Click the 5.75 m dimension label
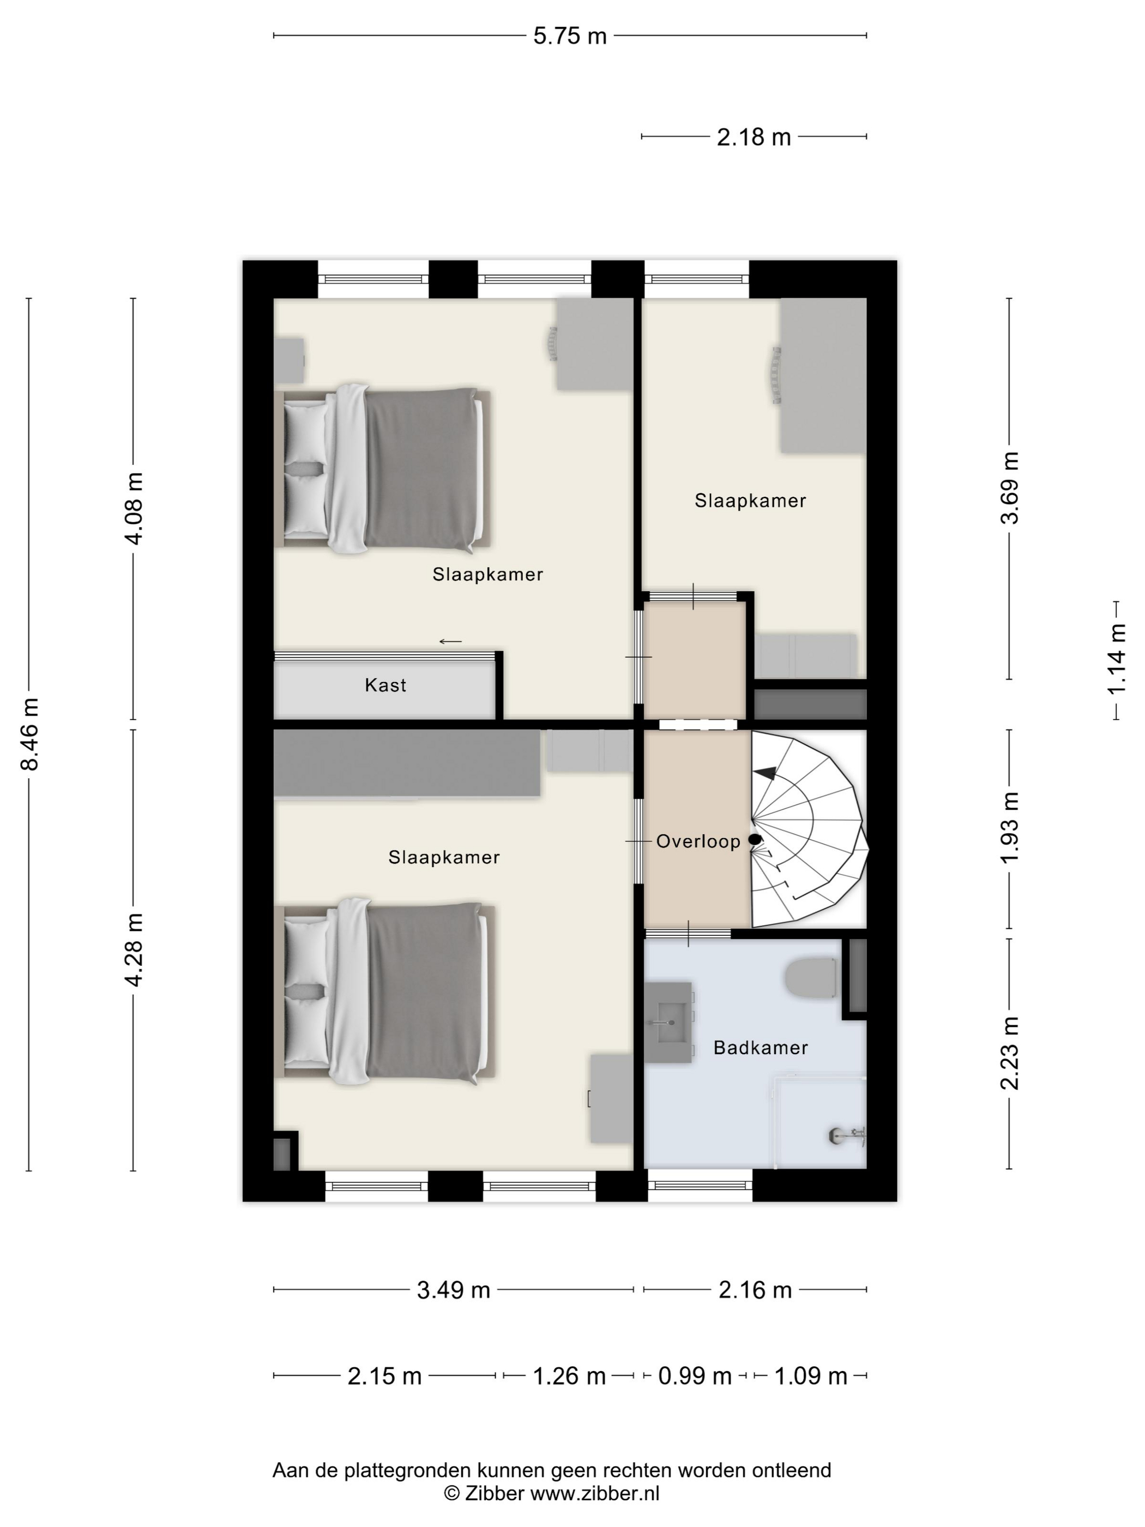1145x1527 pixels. pyautogui.click(x=569, y=36)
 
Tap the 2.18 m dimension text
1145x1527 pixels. pyautogui.click(x=754, y=137)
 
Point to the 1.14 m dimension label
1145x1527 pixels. pyautogui.click(x=1116, y=659)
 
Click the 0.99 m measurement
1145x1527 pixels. pyautogui.click(x=694, y=1376)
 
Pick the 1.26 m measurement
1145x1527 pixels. pyautogui.click(x=569, y=1376)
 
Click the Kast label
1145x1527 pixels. pyautogui.click(x=385, y=685)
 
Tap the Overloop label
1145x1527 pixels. pyautogui.click(x=698, y=841)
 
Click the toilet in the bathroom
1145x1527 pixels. pyautogui.click(x=812, y=977)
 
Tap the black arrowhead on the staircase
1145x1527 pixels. pyautogui.click(x=766, y=773)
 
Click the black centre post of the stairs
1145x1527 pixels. pyautogui.click(x=755, y=839)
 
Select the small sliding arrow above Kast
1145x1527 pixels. pyautogui.click(x=451, y=641)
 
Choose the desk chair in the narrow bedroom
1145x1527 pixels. pyautogui.click(x=775, y=375)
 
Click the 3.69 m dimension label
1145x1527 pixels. pyautogui.click(x=1010, y=488)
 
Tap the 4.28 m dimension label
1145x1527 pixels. pyautogui.click(x=134, y=949)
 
